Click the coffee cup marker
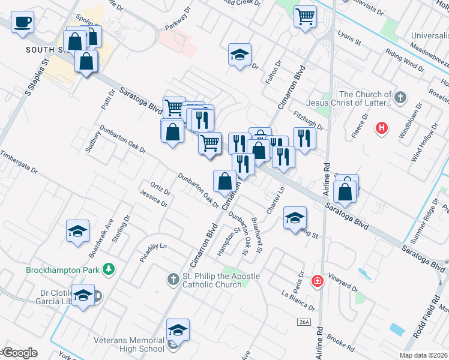[23, 22]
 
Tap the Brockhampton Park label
[62, 270]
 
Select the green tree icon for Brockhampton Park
[109, 269]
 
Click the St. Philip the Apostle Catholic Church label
[221, 280]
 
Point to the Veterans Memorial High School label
[129, 344]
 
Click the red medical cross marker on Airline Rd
[317, 281]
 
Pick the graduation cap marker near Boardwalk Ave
[77, 231]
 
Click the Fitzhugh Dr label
[309, 122]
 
